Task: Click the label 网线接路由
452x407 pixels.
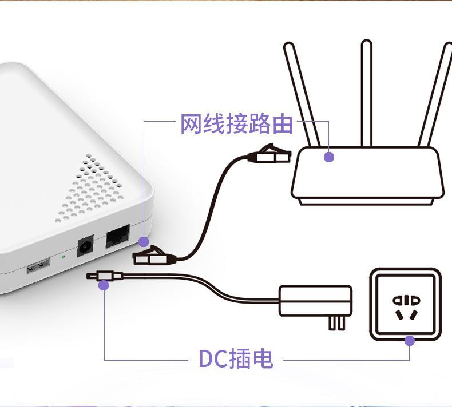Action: click(x=236, y=124)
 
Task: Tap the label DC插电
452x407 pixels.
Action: click(x=235, y=359)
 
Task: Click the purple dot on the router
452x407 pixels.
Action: click(x=328, y=157)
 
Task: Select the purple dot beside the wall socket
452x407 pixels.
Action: click(x=410, y=341)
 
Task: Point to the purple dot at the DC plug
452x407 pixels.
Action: click(x=104, y=285)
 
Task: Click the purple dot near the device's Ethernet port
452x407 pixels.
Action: click(x=144, y=242)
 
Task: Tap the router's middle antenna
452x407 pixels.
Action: click(x=367, y=91)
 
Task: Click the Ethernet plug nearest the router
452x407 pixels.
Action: click(x=269, y=154)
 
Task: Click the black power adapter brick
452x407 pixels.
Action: click(x=315, y=301)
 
